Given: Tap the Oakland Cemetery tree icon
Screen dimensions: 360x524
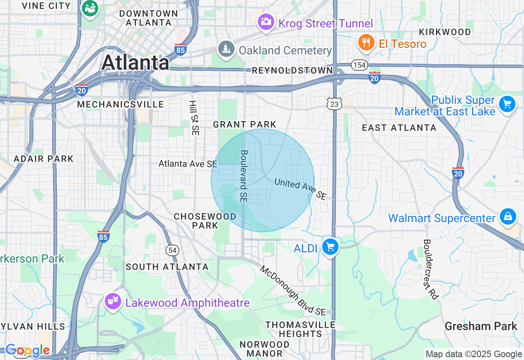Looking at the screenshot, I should tap(226, 49).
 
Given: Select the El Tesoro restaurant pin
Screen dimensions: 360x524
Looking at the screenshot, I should tap(366, 42).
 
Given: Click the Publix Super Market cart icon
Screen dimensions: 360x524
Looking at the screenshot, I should tap(507, 104).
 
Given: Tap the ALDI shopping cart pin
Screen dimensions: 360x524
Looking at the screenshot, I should tap(330, 247).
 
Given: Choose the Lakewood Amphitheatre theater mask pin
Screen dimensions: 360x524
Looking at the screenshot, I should tap(113, 301).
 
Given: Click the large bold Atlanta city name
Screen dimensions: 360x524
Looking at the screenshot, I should tap(135, 63).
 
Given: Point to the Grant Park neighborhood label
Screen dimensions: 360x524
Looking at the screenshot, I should tap(245, 124).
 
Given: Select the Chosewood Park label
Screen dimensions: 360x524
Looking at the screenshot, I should tap(205, 220).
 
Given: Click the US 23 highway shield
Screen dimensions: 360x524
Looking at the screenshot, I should tap(334, 104).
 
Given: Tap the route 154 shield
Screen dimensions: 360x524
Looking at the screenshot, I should tap(359, 65).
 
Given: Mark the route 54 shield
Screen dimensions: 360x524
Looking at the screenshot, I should tap(172, 250).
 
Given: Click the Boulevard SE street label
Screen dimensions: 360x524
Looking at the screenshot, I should tap(244, 176).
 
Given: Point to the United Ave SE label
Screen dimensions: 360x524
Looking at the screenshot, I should tap(300, 189).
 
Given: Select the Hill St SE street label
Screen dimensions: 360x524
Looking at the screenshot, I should tap(193, 118).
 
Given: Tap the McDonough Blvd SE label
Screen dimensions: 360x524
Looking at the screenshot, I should tap(293, 290).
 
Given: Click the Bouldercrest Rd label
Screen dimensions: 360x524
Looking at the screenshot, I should tap(431, 269).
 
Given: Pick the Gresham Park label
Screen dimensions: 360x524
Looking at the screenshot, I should tap(481, 326).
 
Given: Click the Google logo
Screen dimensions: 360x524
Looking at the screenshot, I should tap(27, 351).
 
